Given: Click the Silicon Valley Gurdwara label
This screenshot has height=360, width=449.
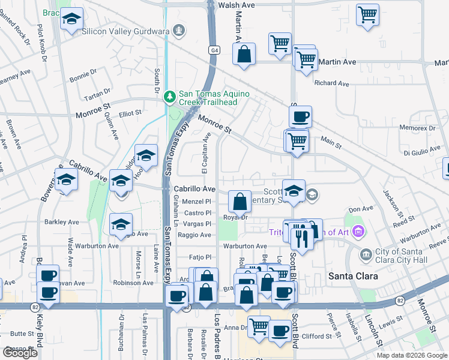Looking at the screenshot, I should click(x=127, y=31).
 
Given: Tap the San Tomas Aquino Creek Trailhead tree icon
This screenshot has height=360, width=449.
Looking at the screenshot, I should click(x=171, y=95).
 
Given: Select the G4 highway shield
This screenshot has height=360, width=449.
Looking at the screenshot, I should click(x=214, y=50).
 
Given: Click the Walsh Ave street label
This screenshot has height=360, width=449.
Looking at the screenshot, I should click(x=237, y=5).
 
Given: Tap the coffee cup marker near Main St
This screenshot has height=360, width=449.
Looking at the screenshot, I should click(x=300, y=115).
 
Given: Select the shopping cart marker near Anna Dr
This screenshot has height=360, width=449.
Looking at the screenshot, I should click(x=259, y=326).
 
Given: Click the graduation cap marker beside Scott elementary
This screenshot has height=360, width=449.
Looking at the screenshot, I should click(x=294, y=191).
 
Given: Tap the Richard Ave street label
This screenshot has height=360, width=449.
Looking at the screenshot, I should click(x=331, y=83).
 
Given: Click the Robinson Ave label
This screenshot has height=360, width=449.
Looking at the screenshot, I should click(x=133, y=282).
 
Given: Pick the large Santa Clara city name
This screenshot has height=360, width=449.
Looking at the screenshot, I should click(x=353, y=276).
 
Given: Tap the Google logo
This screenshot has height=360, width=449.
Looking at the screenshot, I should click(x=20, y=353).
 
